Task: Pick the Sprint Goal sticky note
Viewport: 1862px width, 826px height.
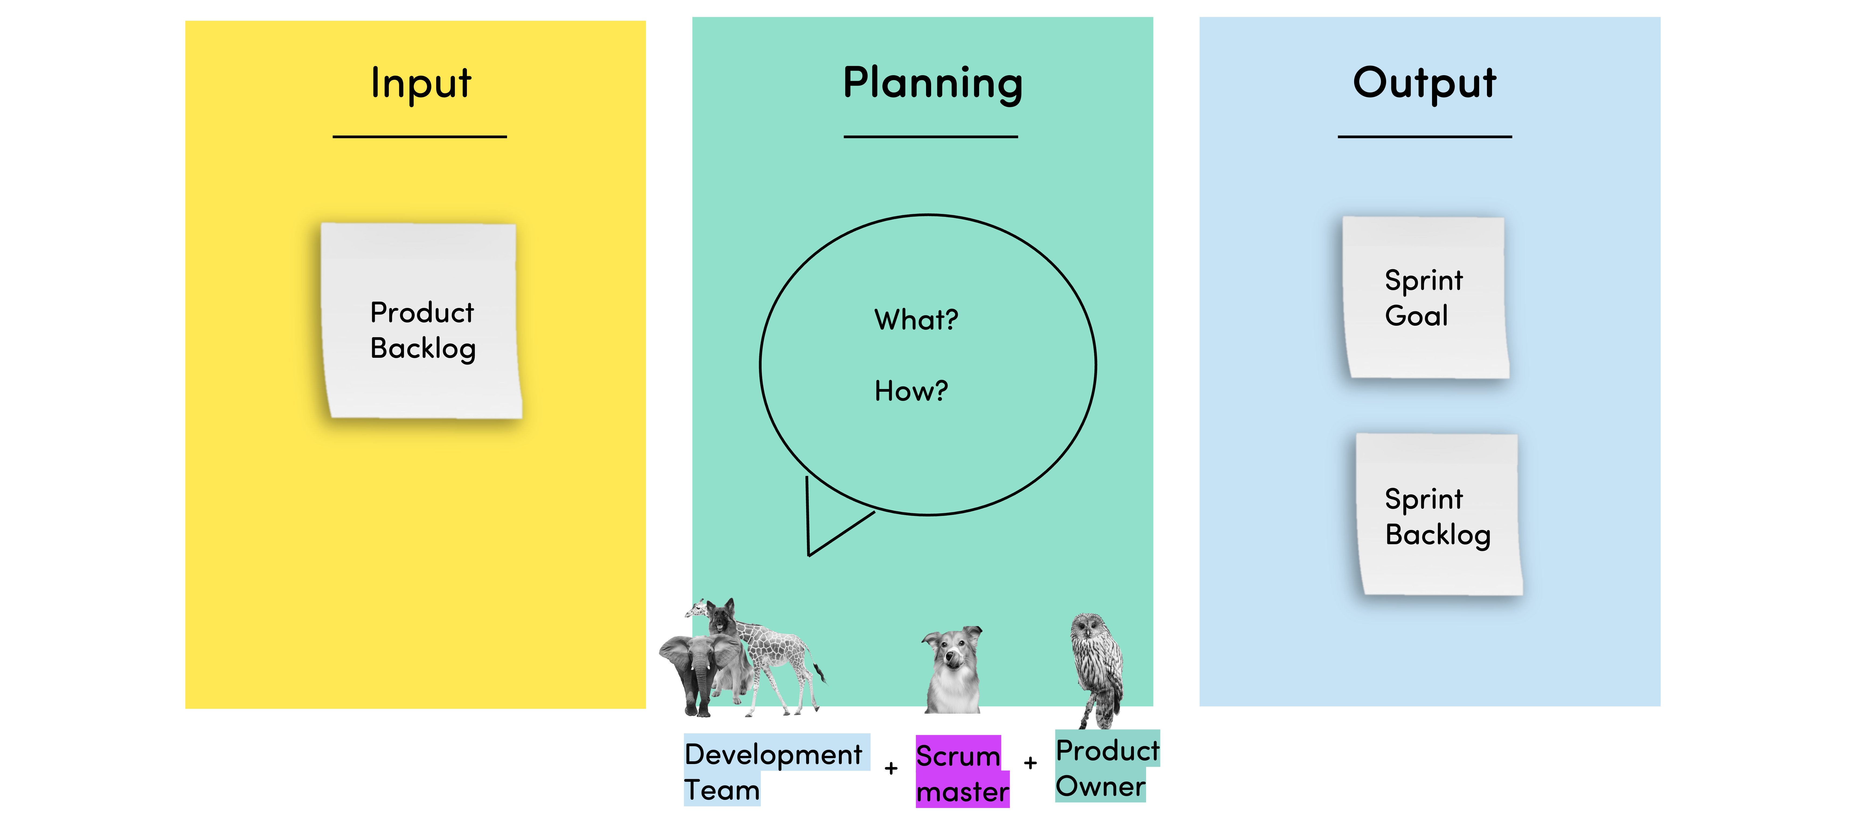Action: (x=1426, y=297)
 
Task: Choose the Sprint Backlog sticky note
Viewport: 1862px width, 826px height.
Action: (x=1438, y=515)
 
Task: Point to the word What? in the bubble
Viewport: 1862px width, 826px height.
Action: (x=916, y=320)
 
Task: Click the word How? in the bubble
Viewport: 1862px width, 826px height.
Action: (x=911, y=391)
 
